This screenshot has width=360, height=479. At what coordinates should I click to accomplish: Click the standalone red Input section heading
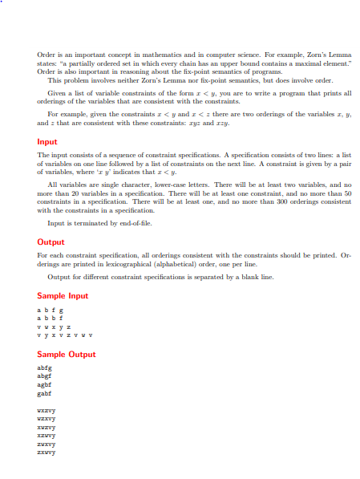tap(47, 142)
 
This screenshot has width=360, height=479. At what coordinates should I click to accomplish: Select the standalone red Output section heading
tap(51, 242)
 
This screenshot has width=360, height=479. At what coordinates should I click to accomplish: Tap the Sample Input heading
tap(63, 296)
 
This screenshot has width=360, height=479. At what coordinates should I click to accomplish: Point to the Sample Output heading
tap(67, 354)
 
